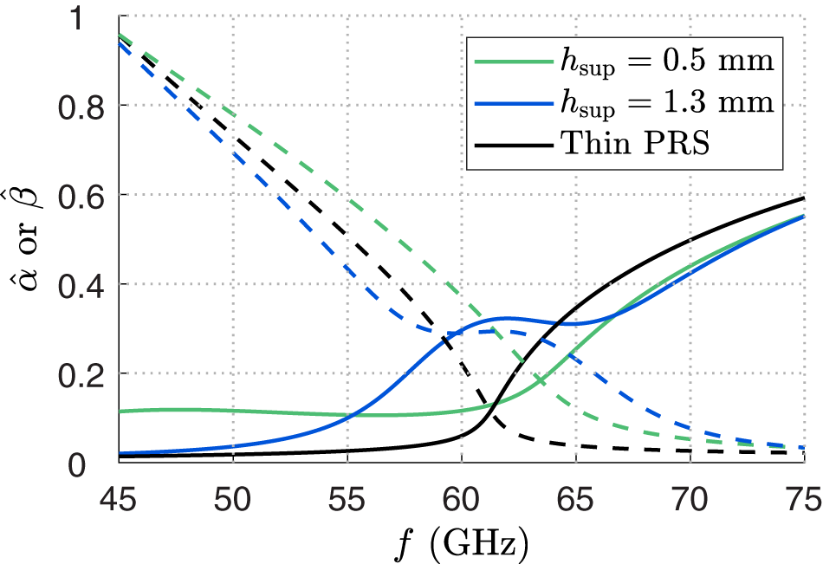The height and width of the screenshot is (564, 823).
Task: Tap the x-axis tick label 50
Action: pyautogui.click(x=233, y=496)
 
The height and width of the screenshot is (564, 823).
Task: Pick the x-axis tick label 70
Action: pyautogui.click(x=690, y=496)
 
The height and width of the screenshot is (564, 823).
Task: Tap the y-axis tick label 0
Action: pyautogui.click(x=96, y=464)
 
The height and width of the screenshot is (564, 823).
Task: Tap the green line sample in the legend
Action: pyautogui.click(x=510, y=62)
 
